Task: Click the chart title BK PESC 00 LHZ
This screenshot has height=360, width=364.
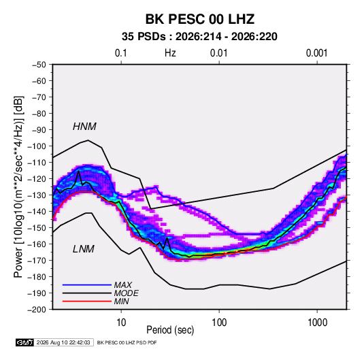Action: coord(199,19)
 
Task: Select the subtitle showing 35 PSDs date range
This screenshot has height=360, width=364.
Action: coord(199,37)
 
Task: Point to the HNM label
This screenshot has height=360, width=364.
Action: coord(84,127)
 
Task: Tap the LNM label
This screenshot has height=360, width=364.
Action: coord(84,249)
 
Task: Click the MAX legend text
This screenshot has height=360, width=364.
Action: coord(123,284)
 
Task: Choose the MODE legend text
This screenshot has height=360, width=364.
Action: coord(127,293)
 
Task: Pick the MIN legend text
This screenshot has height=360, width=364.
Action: coord(121,301)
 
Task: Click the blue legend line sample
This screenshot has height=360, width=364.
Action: coord(87,284)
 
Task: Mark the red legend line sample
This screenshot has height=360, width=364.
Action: coord(87,301)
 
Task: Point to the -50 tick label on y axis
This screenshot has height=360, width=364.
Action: coord(39,65)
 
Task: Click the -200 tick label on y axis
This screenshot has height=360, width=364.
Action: coord(37,310)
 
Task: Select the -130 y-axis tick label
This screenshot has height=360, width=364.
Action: coord(37,195)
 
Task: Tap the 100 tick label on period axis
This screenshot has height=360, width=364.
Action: coord(219,323)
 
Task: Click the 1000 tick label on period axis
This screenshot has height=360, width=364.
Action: coord(317,323)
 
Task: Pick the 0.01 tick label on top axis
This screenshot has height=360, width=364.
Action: coord(219,53)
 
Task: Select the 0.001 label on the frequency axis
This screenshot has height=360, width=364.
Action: coord(316,53)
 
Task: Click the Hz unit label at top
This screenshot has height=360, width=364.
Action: coord(170,53)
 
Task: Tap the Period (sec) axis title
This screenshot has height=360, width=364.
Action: coord(170,330)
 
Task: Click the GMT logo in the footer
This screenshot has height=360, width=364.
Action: coord(25,342)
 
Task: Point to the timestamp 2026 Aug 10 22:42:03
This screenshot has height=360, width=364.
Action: coord(63,342)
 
